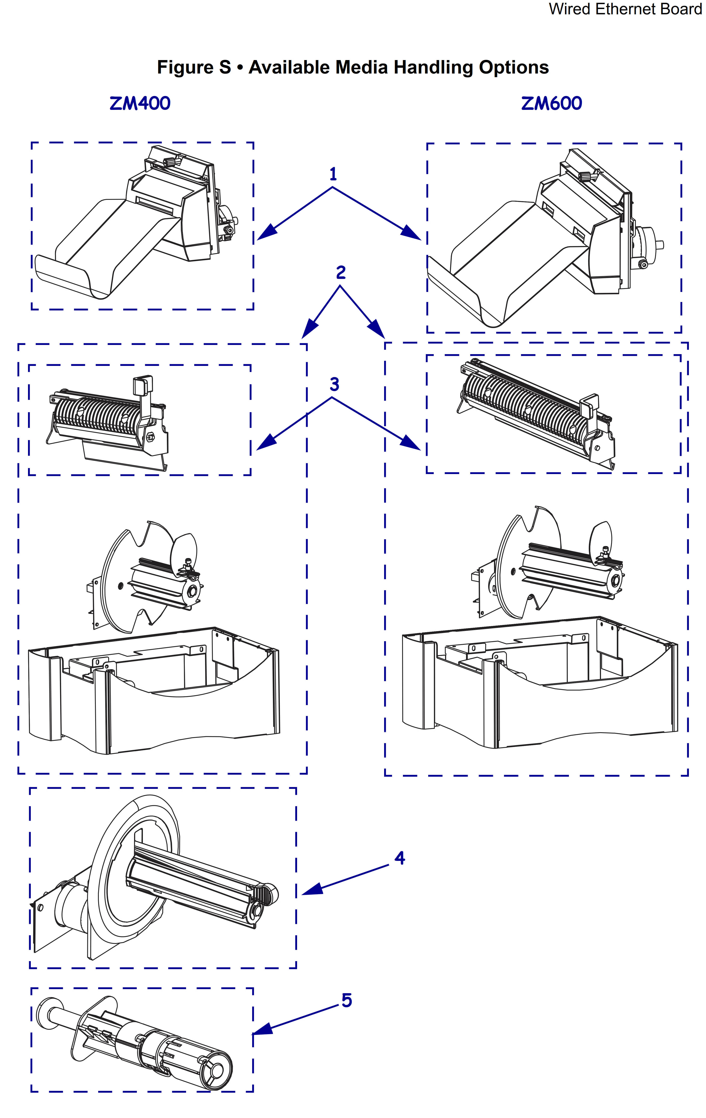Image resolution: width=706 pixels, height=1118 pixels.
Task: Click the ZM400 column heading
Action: [140, 103]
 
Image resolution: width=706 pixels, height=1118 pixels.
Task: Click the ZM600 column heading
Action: [551, 103]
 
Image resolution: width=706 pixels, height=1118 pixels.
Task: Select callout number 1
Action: [333, 174]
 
